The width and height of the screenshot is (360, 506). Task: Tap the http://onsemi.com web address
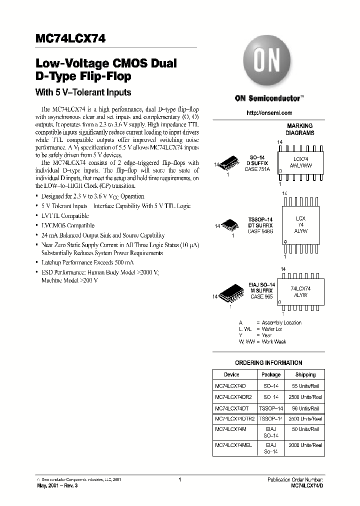click(x=269, y=113)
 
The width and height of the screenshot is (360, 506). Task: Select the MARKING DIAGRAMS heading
click(x=299, y=129)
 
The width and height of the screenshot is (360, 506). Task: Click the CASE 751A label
click(x=257, y=169)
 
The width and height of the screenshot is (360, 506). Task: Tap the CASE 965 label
click(x=261, y=296)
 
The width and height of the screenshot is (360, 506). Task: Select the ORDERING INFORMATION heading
click(x=268, y=363)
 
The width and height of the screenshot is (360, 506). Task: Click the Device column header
click(x=231, y=374)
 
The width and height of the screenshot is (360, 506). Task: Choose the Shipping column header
click(x=305, y=374)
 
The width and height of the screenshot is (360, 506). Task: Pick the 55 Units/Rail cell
click(x=305, y=386)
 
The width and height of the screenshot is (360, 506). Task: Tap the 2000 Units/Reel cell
click(x=305, y=444)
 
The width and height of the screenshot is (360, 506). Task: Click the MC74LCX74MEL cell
click(x=234, y=444)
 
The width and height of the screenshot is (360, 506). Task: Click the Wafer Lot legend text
click(x=272, y=329)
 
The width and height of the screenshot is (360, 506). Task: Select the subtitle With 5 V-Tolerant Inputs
click(x=82, y=92)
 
